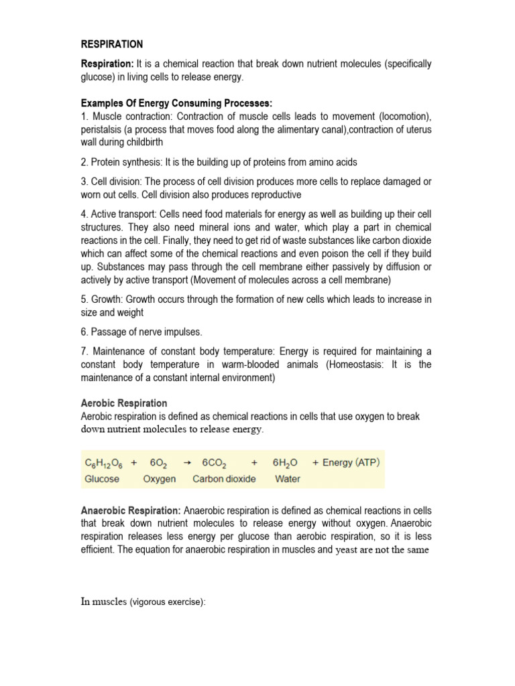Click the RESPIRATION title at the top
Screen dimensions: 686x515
tap(111, 44)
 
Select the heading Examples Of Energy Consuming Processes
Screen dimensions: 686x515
tap(177, 103)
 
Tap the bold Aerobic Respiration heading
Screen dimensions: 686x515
tap(124, 403)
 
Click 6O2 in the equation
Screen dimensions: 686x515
tap(158, 463)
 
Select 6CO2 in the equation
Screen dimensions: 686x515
tap(214, 463)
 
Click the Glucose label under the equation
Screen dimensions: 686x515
tap(102, 479)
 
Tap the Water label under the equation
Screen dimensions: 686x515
tap(288, 479)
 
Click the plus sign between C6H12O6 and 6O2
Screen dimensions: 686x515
tap(135, 463)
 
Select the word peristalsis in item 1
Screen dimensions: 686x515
tap(103, 129)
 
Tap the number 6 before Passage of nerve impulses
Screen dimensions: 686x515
tap(84, 332)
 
